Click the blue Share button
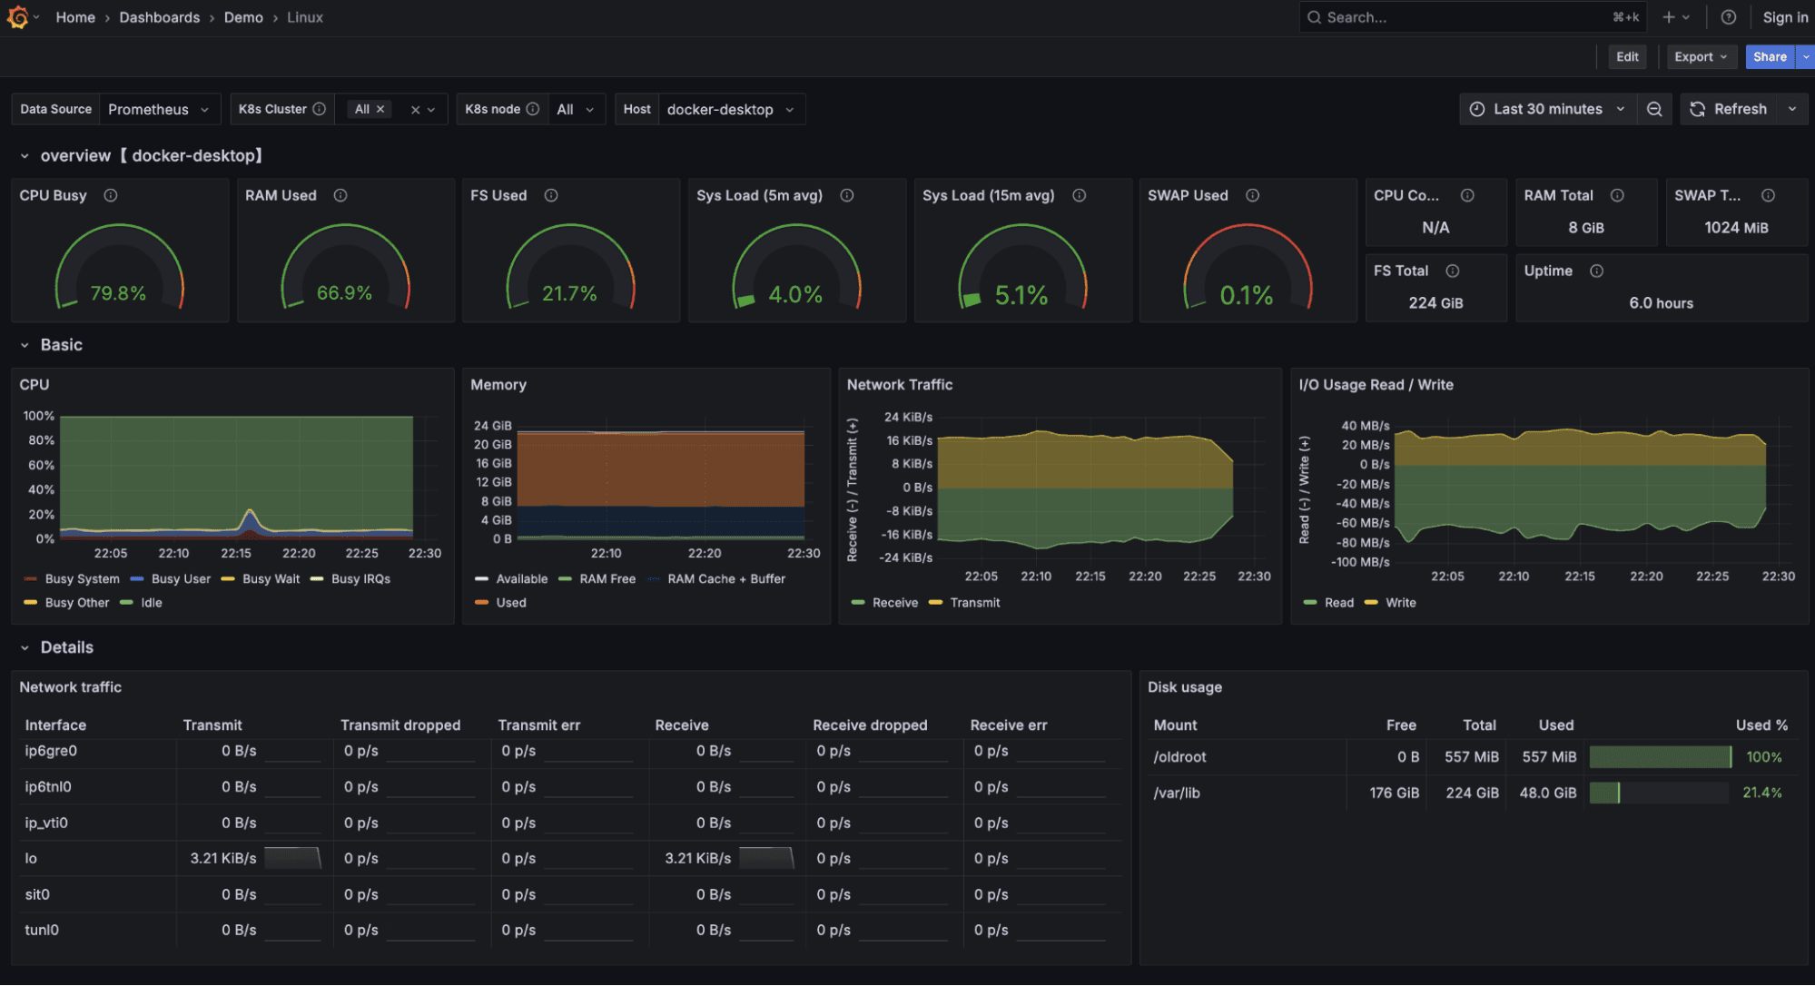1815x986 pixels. pos(1769,56)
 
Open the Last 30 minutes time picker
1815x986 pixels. pos(1548,109)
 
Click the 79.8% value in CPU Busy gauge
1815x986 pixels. pos(118,293)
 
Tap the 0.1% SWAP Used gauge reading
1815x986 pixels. pos(1246,295)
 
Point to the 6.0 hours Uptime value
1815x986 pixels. pos(1661,303)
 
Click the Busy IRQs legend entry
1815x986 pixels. pos(360,579)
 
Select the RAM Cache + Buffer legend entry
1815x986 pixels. pos(725,579)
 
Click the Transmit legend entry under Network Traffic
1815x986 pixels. pos(974,603)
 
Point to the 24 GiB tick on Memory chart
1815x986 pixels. pos(492,426)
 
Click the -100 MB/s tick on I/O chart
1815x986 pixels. pos(1360,562)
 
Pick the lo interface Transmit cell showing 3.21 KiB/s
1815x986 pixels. pos(223,858)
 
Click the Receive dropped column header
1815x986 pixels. pos(870,725)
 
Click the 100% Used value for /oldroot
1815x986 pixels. pos(1763,757)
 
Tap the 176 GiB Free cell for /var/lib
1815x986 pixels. pos(1394,793)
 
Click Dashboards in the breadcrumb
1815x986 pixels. pos(159,17)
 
